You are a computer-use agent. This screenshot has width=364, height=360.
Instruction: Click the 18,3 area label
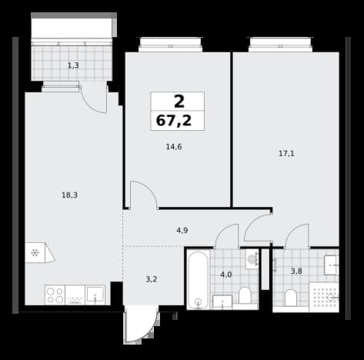69,195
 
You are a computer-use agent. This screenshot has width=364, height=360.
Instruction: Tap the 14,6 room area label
174,147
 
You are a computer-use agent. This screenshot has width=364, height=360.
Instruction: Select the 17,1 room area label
286,154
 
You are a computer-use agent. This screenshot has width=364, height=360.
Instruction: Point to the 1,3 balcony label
73,65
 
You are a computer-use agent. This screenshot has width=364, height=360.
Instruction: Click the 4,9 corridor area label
182,231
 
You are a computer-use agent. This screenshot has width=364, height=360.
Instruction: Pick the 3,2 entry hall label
152,279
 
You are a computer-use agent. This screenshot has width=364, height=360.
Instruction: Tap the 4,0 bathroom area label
226,275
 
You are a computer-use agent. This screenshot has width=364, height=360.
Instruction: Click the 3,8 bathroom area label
296,271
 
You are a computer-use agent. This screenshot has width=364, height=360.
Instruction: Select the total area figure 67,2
174,121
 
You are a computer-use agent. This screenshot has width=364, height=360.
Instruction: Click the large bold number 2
179,102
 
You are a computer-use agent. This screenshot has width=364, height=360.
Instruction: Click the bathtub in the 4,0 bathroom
198,279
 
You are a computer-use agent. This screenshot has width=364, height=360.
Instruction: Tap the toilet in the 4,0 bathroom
245,295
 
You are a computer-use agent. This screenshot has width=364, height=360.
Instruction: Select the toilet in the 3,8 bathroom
291,298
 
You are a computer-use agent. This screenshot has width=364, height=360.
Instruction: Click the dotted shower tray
324,298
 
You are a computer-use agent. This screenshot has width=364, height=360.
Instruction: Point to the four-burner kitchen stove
55,295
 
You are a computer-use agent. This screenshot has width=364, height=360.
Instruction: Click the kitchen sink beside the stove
95,295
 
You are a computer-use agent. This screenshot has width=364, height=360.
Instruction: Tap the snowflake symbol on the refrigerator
35,253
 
